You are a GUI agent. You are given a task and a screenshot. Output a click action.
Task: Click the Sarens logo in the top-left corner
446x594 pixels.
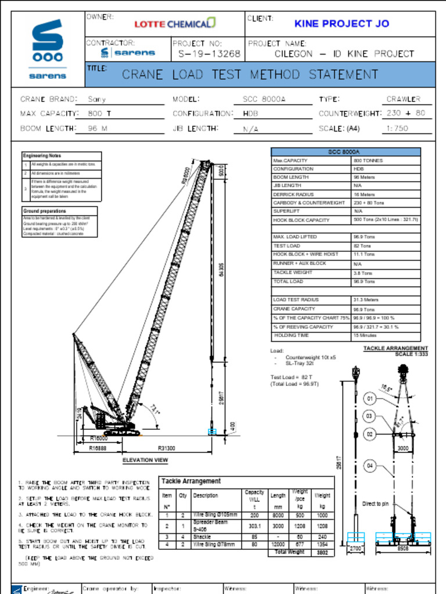[48, 49]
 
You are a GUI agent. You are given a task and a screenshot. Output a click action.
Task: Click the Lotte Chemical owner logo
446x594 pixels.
[175, 24]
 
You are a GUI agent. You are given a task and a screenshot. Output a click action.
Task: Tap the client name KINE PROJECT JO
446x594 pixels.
[341, 24]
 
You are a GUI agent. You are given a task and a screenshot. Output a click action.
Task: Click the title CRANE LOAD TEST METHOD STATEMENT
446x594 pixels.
[250, 75]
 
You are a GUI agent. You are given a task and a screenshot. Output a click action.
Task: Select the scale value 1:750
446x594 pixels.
[398, 128]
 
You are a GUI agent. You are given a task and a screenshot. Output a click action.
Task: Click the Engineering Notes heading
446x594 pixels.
[42, 156]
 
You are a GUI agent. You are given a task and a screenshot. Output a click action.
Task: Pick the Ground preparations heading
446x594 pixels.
[45, 211]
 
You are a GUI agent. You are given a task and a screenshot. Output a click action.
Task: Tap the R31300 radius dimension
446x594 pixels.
[167, 448]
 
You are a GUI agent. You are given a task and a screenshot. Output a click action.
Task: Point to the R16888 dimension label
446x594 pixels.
[98, 448]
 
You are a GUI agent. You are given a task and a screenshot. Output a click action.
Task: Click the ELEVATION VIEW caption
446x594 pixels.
[145, 461]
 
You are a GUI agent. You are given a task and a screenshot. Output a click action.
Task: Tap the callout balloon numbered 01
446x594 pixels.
[371, 399]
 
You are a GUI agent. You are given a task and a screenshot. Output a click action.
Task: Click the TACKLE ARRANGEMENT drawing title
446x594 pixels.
[395, 349]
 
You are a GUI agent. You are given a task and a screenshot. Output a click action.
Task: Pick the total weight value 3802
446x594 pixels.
[322, 553]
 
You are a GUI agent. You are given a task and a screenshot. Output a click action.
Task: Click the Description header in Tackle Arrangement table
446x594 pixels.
[206, 496]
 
